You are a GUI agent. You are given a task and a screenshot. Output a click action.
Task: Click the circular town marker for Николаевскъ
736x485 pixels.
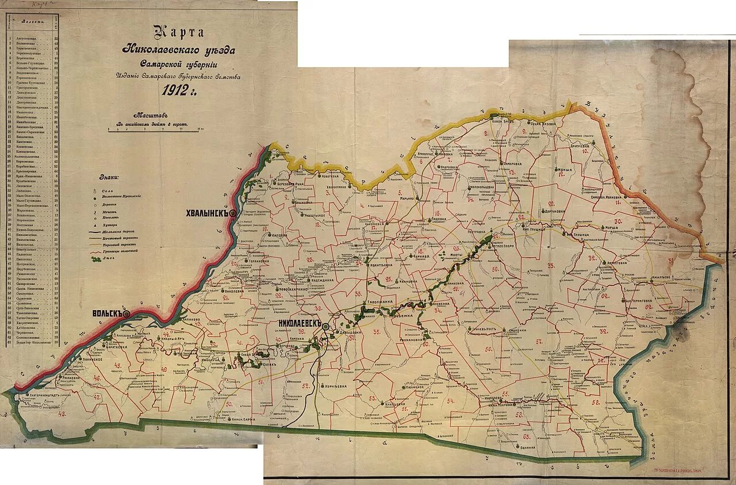point(326,326)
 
